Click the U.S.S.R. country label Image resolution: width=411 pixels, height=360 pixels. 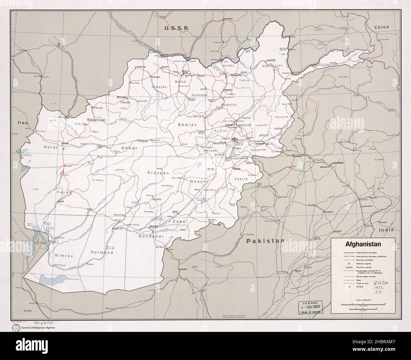click(176, 28)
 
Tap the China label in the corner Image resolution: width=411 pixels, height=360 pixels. click(382, 27)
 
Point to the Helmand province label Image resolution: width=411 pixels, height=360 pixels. click(102, 253)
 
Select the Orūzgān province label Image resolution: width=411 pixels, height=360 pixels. click(158, 173)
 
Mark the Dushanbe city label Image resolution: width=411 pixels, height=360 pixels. click(230, 19)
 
